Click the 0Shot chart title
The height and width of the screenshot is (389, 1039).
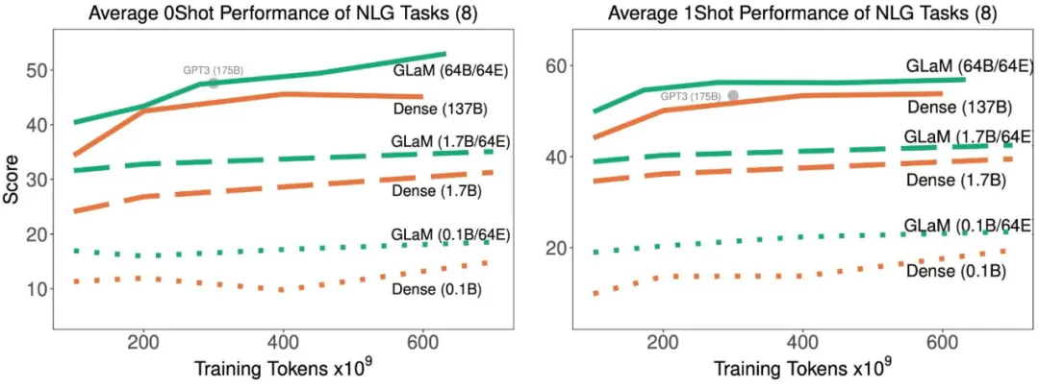pos(270,13)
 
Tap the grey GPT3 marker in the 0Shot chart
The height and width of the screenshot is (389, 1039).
pos(214,84)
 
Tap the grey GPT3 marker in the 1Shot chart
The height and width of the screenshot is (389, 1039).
pos(733,96)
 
